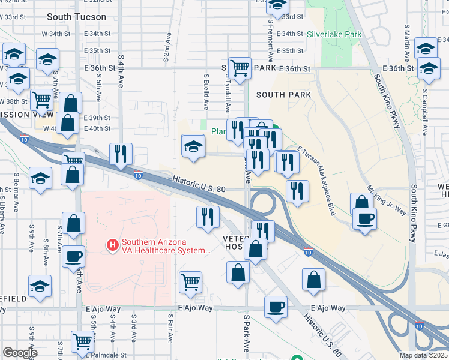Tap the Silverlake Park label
(x=334, y=34)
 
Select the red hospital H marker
(x=112, y=245)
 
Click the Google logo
(x=20, y=353)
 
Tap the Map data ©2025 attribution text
(x=423, y=355)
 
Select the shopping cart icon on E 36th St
(x=240, y=68)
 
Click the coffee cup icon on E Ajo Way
(x=276, y=307)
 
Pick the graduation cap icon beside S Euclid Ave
(x=193, y=146)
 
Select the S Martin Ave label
(x=407, y=41)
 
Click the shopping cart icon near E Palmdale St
(x=82, y=342)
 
